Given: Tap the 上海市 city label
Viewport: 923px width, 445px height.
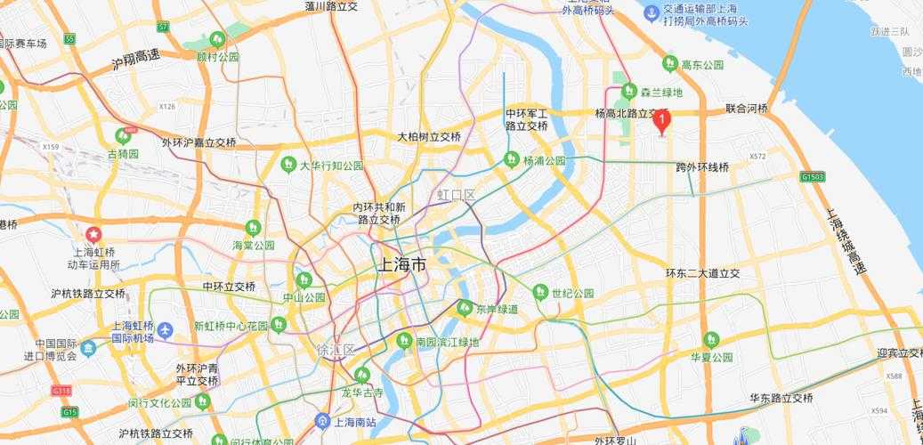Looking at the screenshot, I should click(402, 264).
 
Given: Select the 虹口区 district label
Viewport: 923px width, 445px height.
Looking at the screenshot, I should click(456, 195).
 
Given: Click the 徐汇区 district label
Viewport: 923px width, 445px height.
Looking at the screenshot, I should click(336, 350).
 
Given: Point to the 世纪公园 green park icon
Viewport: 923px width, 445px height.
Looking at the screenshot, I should click(540, 292).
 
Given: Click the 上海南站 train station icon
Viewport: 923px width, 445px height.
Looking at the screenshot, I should click(323, 420).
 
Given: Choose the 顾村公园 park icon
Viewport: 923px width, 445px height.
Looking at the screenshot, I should click(217, 39).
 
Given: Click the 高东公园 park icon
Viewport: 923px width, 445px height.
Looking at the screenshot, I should click(670, 64).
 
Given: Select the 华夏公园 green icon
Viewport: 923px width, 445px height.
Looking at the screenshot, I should click(711, 339).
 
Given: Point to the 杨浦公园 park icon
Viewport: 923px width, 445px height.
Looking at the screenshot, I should click(511, 160).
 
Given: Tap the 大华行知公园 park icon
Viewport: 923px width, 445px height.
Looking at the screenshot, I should click(288, 165).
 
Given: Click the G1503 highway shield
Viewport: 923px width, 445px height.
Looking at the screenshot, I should click(812, 177).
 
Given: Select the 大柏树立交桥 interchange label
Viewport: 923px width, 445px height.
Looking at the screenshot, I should click(429, 137).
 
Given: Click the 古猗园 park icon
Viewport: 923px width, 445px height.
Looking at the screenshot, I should click(124, 136).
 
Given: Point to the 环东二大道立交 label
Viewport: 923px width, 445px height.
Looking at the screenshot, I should click(703, 273).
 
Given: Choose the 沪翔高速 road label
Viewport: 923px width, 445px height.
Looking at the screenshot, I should click(135, 61).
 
